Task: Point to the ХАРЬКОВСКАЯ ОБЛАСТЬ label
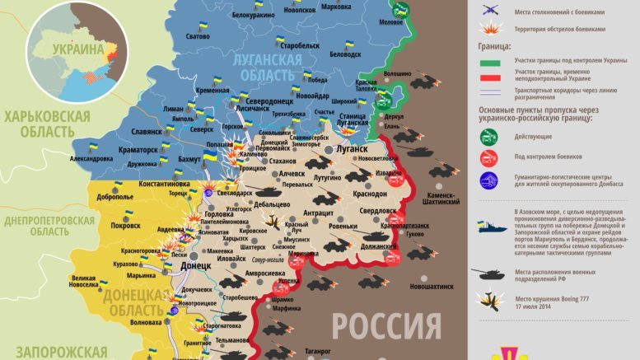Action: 47,124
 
